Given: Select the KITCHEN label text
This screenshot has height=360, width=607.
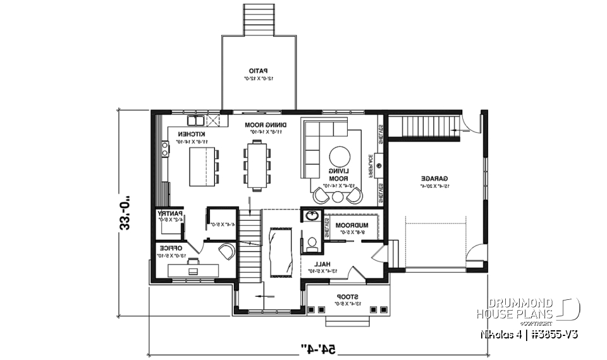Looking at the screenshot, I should click(191, 134).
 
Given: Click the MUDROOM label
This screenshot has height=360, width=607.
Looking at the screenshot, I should click(352, 225).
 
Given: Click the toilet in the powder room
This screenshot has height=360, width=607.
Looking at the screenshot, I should click(311, 242).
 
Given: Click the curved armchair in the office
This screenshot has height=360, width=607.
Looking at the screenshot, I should click(226, 251).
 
